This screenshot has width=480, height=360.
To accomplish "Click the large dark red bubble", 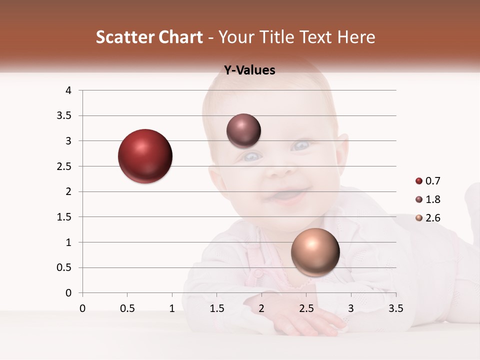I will [x=145, y=156].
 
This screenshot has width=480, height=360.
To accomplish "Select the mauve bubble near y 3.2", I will [x=243, y=131].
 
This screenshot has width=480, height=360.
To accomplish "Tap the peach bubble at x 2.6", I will [x=315, y=252].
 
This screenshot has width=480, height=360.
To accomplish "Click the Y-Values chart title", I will [x=249, y=70].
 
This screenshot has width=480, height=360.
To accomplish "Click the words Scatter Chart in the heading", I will [x=149, y=37].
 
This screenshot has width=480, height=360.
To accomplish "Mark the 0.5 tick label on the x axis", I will [x=127, y=308].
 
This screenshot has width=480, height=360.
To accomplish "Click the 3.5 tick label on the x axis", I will [x=395, y=308].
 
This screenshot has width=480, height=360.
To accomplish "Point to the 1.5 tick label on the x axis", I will [x=216, y=308].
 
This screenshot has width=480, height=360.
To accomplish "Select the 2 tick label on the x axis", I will [x=261, y=308].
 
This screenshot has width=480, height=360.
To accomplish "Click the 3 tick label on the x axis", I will [x=351, y=308].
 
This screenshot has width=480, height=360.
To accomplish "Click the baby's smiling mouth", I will [x=287, y=195].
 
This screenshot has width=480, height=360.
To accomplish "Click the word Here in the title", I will [x=356, y=37].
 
